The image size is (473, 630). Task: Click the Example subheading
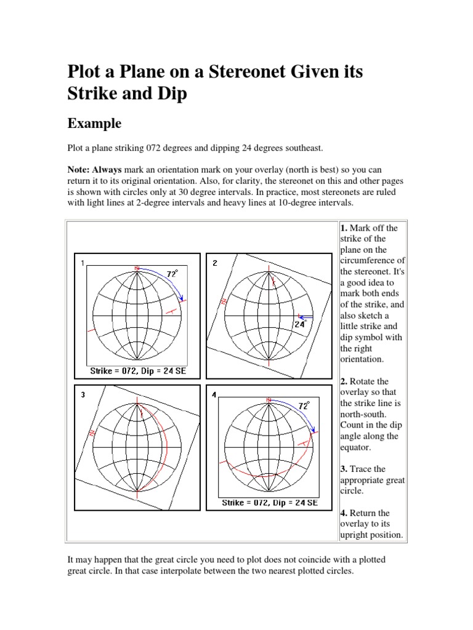click(x=94, y=124)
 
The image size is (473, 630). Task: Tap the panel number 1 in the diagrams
click(x=82, y=263)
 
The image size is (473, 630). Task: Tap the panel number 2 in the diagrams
click(x=215, y=263)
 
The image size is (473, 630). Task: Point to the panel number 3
click(x=83, y=395)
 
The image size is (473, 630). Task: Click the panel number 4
click(x=214, y=395)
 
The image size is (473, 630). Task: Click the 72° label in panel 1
click(x=172, y=274)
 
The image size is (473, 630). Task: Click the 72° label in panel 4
click(x=304, y=405)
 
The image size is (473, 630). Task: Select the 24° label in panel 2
click(x=299, y=323)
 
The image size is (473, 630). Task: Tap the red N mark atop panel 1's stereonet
click(x=136, y=268)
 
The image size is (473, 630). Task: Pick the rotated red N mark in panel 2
click(x=224, y=301)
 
